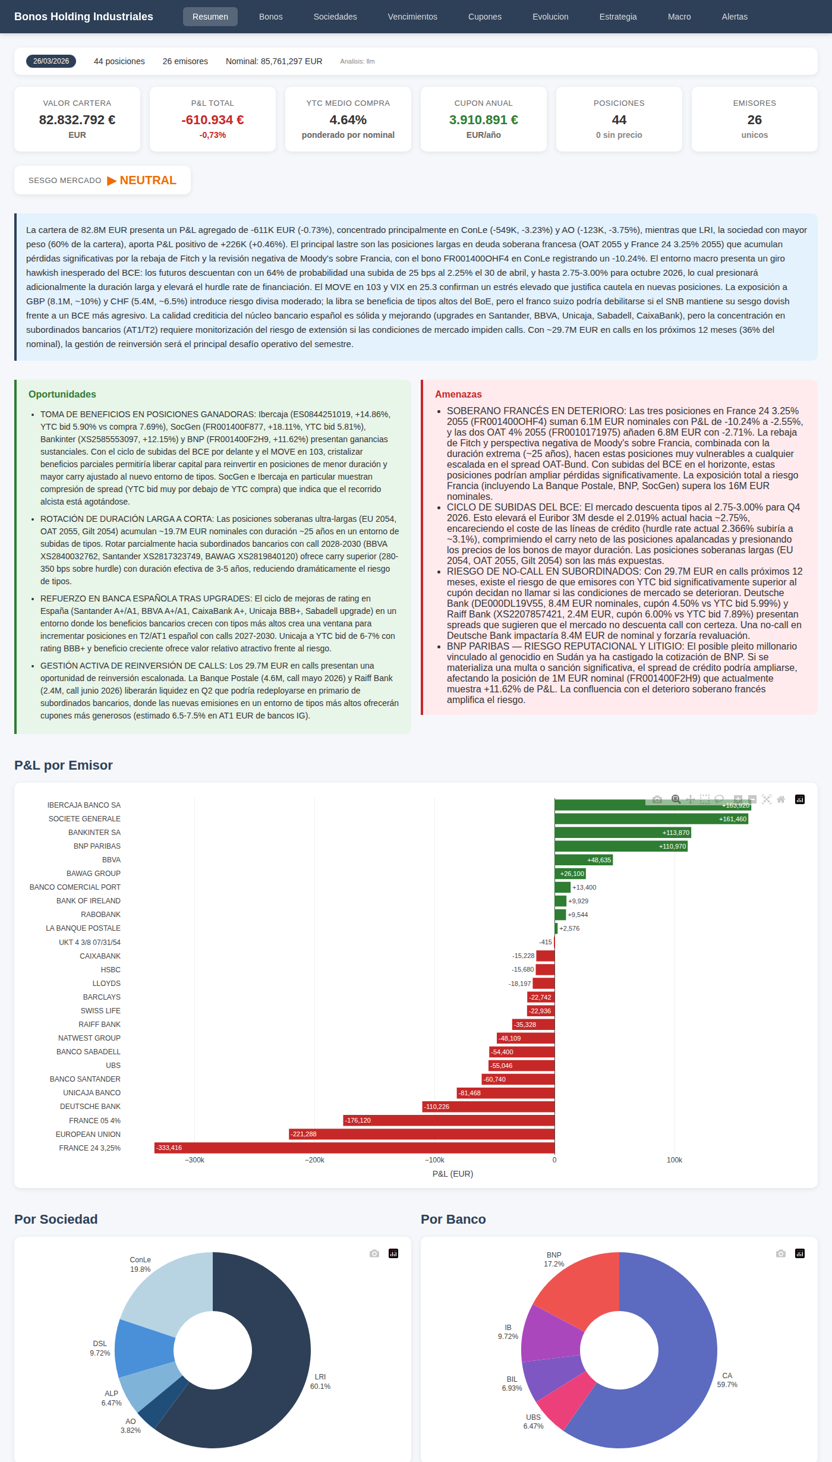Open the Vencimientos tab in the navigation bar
[x=412, y=17]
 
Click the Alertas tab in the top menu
[x=735, y=17]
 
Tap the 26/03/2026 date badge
[x=51, y=61]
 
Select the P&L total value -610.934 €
[x=212, y=120]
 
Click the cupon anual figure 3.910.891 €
[x=483, y=120]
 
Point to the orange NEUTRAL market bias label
[x=148, y=180]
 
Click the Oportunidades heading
[x=62, y=394]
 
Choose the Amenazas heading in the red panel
[x=458, y=394]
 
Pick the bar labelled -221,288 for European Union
[x=421, y=1134]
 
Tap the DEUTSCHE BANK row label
[x=90, y=1107]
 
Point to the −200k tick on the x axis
[x=314, y=1160]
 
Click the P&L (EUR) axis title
[x=453, y=1174]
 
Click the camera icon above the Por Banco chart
[x=781, y=1253]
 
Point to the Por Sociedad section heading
[x=56, y=1219]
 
